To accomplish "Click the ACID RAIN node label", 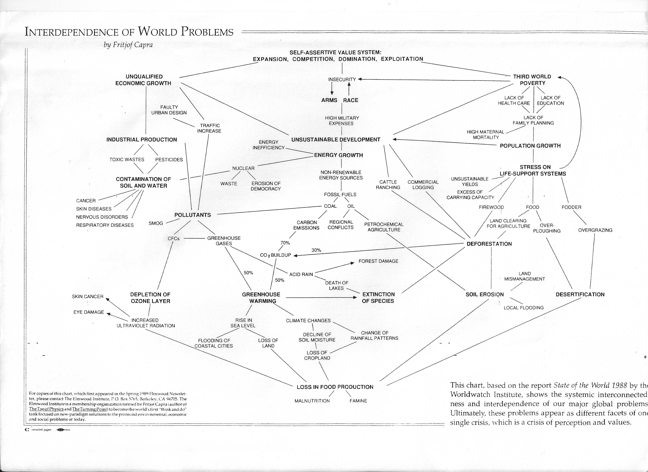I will pos(301,274).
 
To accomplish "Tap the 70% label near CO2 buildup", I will pos(285,243).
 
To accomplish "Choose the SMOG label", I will pos(156,223).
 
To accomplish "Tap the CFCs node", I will pos(173,238).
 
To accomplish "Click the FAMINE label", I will pos(358,401).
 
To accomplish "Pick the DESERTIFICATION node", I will pos(580,294).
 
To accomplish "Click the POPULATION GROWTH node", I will pos(530,146).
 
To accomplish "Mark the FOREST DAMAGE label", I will pos(378,261).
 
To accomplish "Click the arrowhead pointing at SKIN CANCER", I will pos(108,299).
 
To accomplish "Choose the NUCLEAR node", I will pos(243,168).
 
